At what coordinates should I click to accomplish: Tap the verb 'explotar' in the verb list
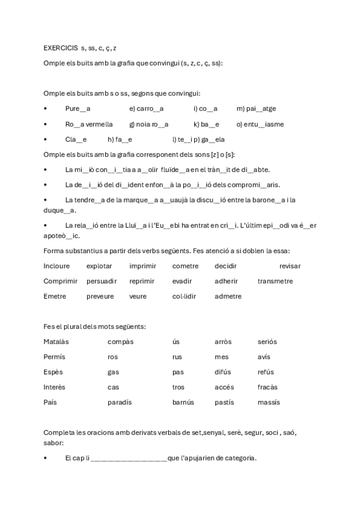click(99, 266)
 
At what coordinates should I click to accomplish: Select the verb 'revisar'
click(290, 266)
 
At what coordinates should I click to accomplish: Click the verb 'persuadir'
click(101, 281)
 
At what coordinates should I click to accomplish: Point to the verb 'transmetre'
click(275, 281)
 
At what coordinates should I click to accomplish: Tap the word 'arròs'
click(223, 342)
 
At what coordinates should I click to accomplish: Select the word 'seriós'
click(267, 342)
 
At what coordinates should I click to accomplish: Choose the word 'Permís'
click(54, 357)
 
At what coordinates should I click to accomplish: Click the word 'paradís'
click(120, 402)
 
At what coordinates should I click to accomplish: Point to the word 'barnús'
click(183, 402)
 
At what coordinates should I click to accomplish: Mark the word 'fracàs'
click(267, 387)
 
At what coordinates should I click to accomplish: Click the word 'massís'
click(269, 402)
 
